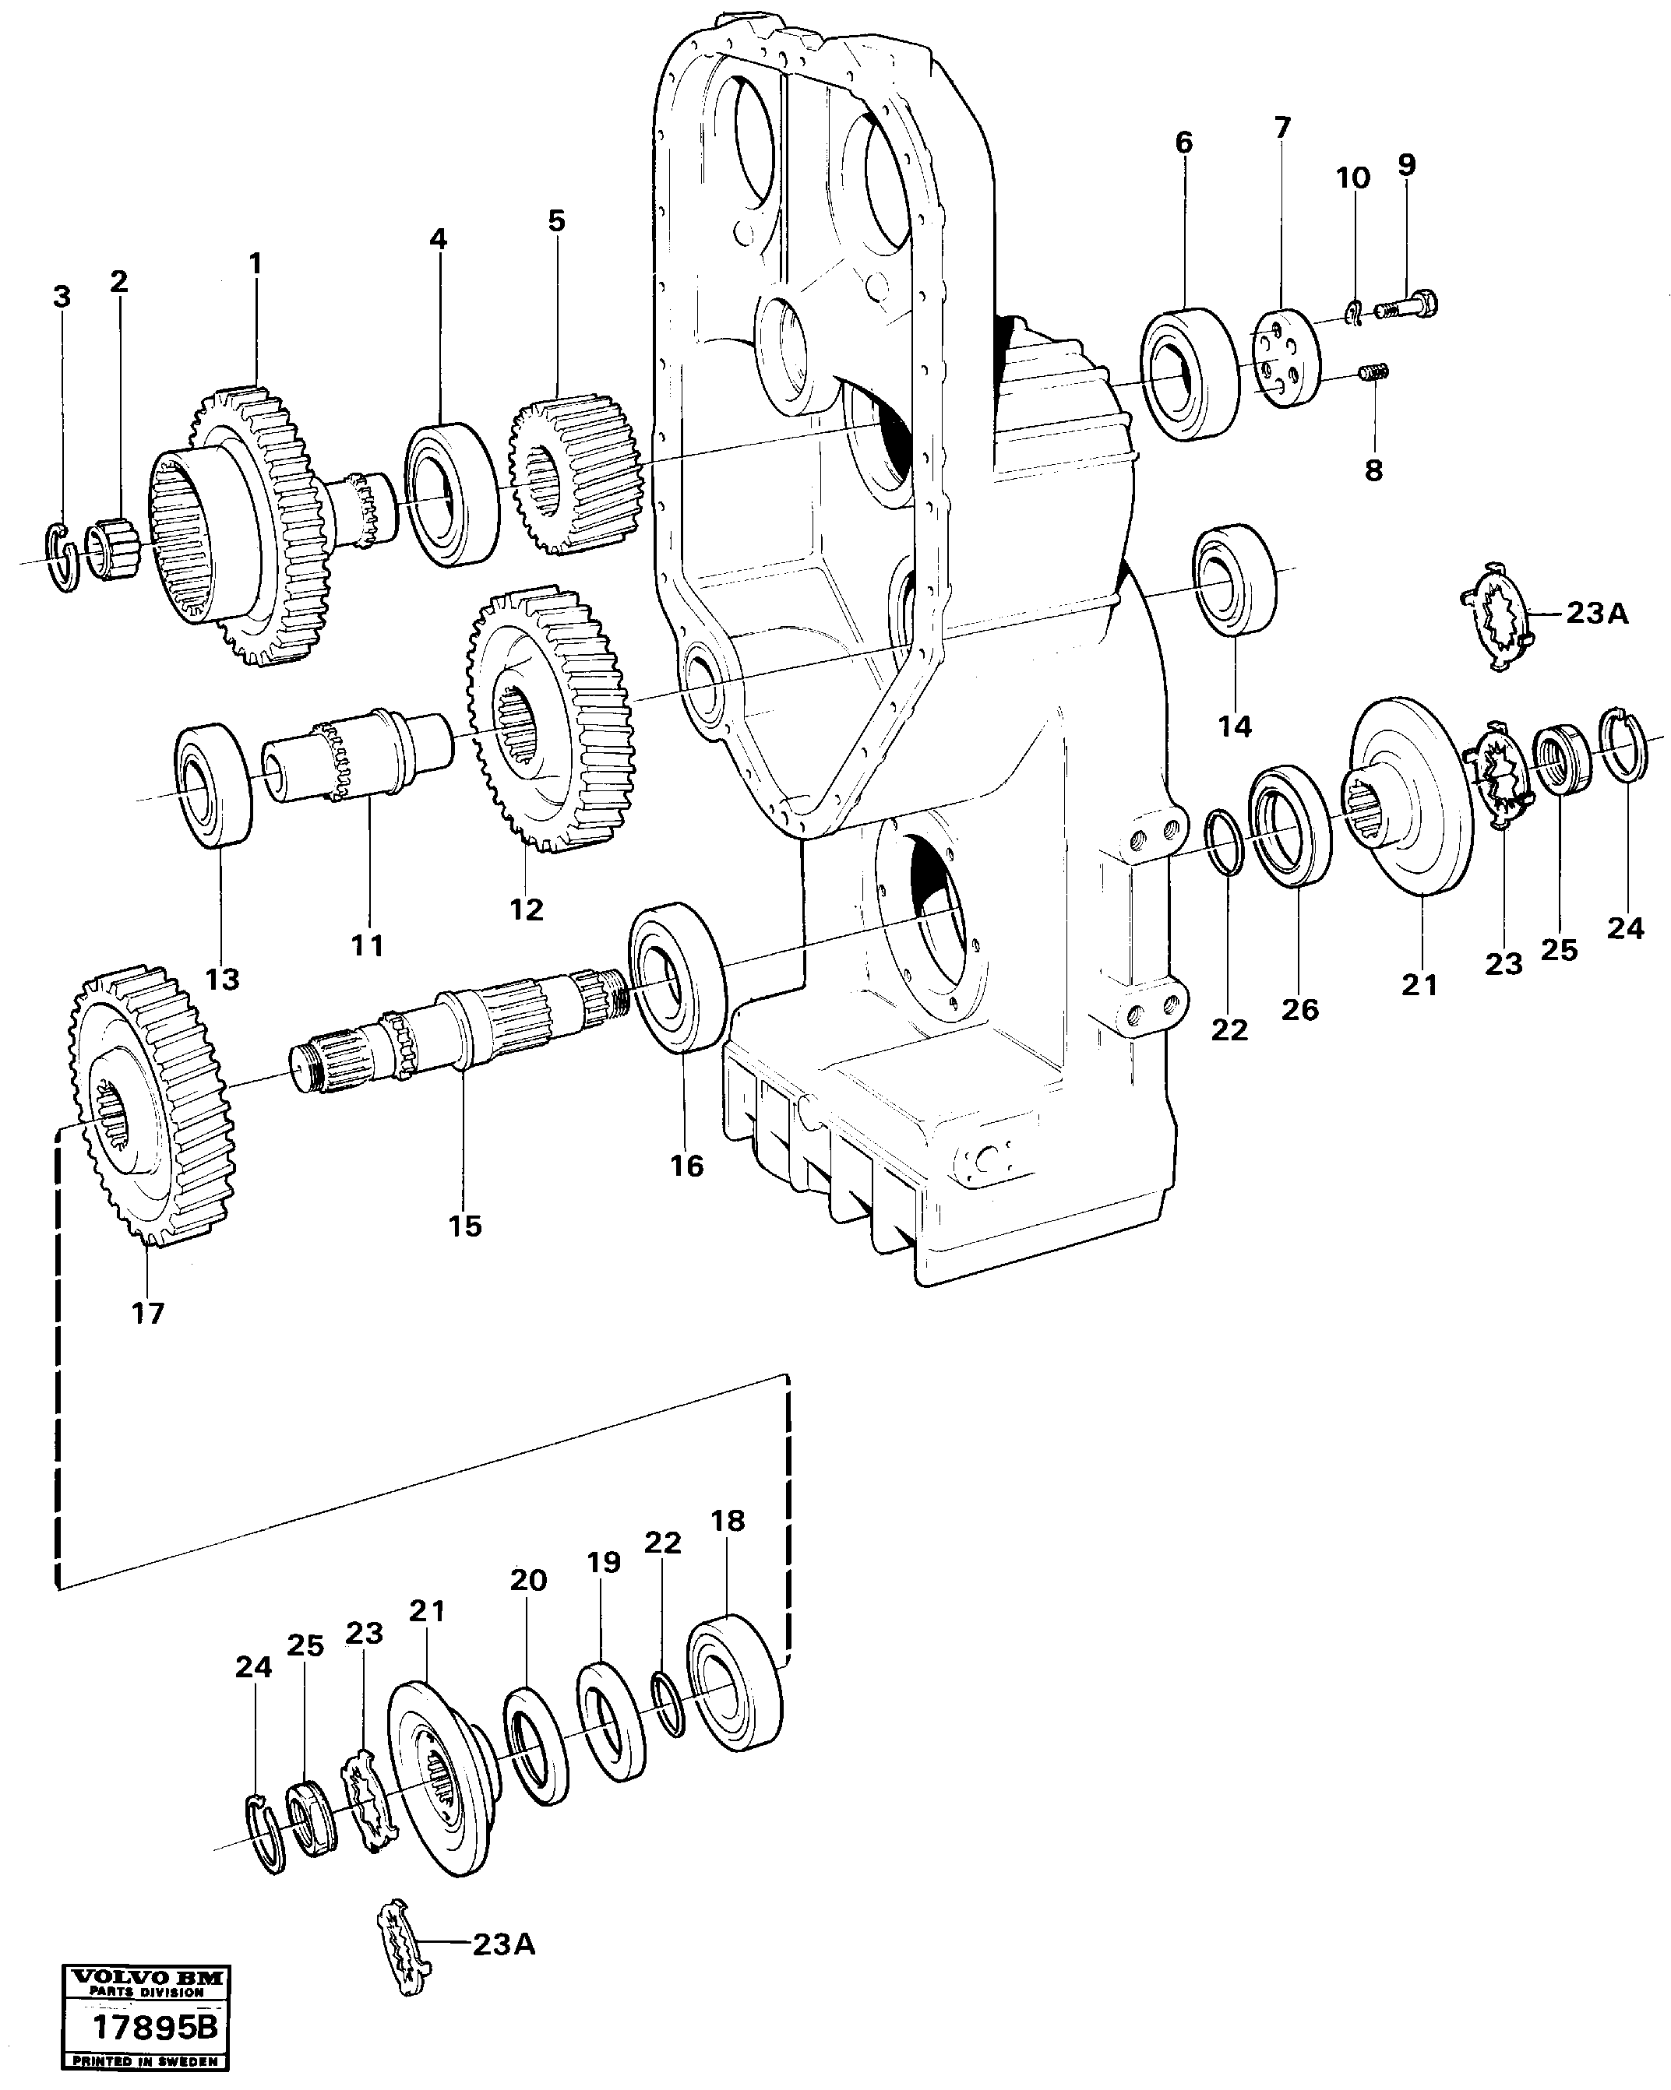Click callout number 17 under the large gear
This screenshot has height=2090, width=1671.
coord(148,1313)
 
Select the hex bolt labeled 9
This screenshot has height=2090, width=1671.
coord(1405,306)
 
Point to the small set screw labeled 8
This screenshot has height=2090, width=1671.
coord(1374,371)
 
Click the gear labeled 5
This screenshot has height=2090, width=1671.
coord(575,475)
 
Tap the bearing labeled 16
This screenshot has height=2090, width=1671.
coord(678,976)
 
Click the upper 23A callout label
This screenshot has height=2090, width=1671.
coord(1597,614)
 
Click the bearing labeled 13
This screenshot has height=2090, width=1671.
coord(213,784)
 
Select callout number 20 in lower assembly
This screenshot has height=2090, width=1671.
coord(528,1580)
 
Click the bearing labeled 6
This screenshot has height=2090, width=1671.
coord(1188,375)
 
